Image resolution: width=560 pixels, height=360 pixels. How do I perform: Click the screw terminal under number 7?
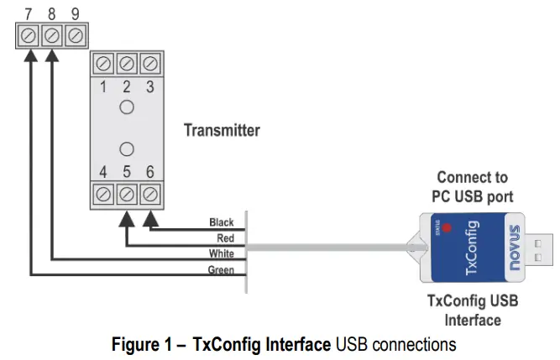point(29,36)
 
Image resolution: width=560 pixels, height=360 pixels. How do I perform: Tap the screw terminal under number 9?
point(76,36)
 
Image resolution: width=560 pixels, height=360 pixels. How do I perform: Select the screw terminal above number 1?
point(103,64)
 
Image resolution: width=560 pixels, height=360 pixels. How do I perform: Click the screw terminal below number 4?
point(103,195)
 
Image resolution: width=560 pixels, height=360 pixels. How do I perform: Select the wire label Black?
point(221,222)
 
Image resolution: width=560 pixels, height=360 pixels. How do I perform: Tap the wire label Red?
point(225,238)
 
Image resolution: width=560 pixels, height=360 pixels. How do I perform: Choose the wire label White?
point(222,253)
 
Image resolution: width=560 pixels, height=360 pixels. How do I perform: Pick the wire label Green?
point(221,269)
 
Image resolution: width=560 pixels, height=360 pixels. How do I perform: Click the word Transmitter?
point(222,130)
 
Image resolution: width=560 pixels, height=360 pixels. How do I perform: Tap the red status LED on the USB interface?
point(447,227)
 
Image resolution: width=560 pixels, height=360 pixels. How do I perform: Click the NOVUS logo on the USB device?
point(514,247)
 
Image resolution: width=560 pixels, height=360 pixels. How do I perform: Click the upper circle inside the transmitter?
point(127,107)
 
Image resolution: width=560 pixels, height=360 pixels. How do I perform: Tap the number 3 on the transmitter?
point(150,86)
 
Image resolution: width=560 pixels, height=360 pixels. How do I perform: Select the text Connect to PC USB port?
point(472,186)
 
